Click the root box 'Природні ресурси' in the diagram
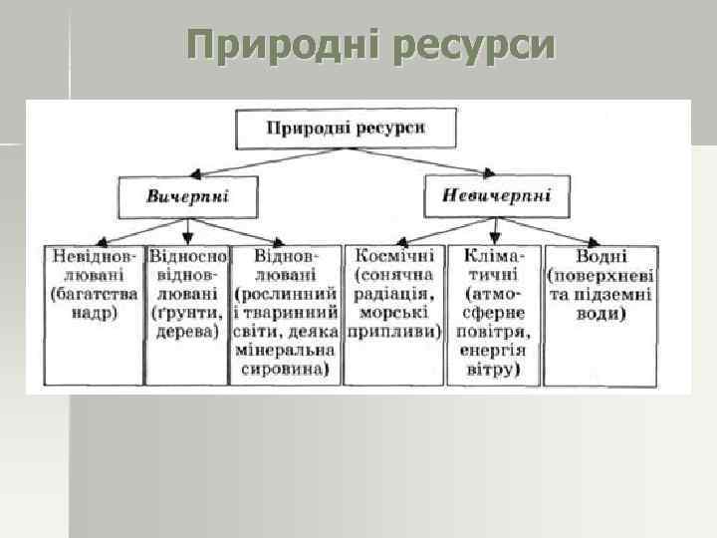click(x=346, y=129)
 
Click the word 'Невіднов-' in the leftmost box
click(x=96, y=256)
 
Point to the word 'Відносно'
click(x=187, y=256)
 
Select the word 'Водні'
click(x=600, y=256)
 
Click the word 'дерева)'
click(x=187, y=332)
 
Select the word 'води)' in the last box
click(x=600, y=314)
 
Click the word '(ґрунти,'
click(x=187, y=314)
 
